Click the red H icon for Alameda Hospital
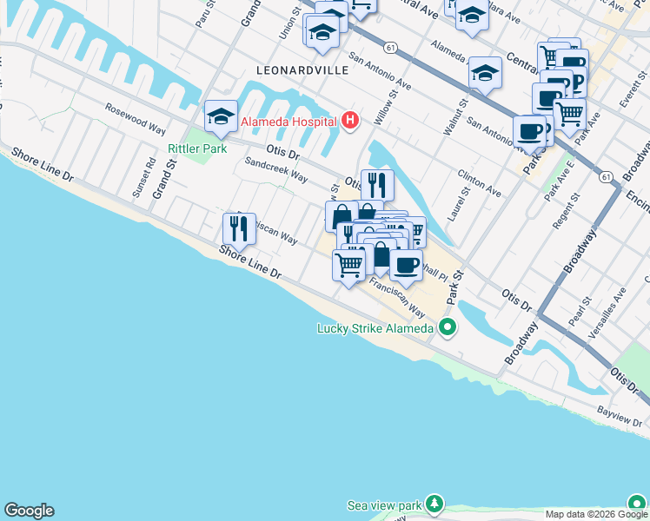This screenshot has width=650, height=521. point(350,120)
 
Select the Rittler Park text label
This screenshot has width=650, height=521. point(196,148)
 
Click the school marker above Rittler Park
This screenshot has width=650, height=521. point(222,116)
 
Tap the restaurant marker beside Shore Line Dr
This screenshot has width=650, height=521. point(239,228)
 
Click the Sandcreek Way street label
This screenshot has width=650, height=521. point(276,168)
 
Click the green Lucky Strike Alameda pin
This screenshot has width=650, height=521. point(448,327)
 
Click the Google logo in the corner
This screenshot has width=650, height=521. point(29,511)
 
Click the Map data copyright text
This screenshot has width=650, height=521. point(595,514)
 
